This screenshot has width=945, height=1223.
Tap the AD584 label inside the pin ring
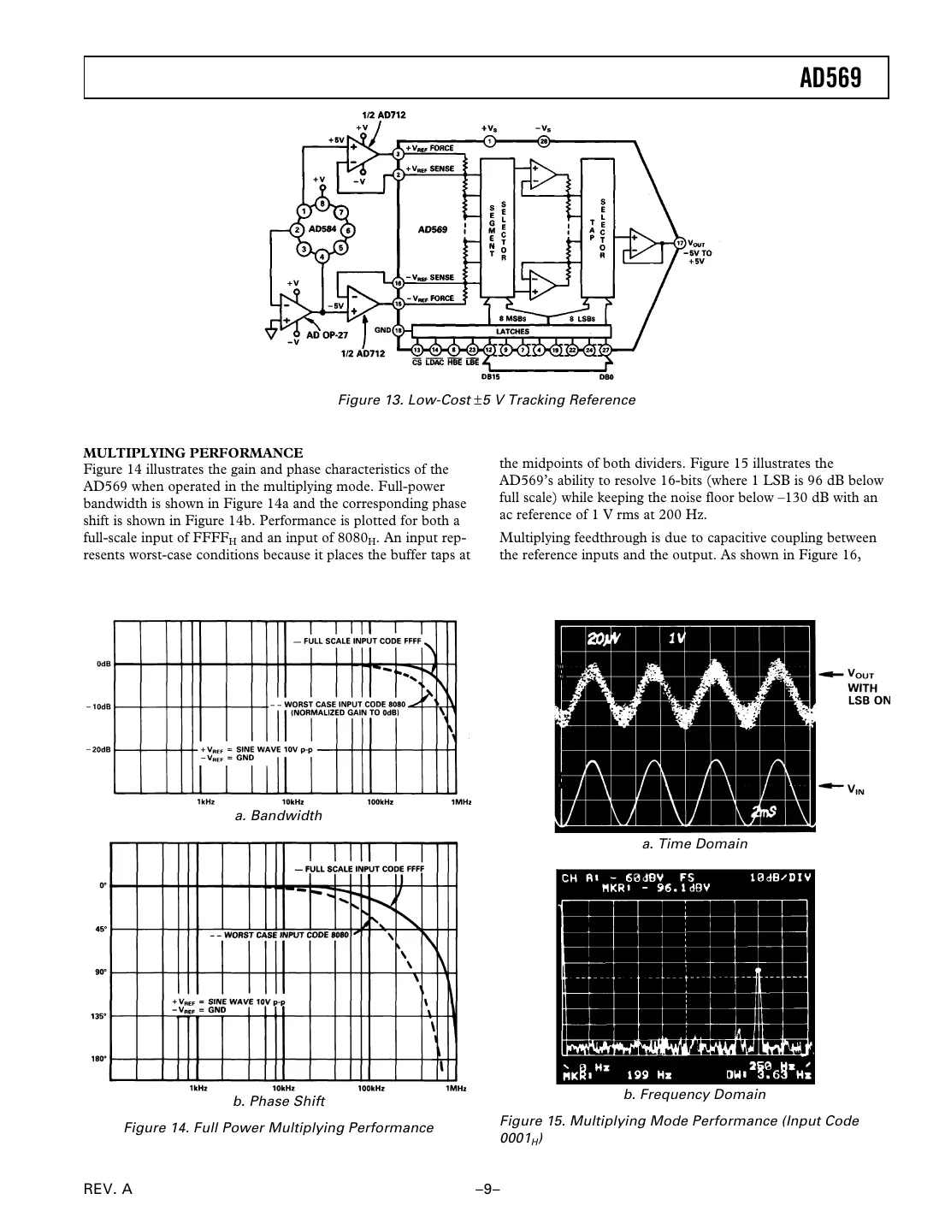322,229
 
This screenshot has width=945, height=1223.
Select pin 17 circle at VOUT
680,243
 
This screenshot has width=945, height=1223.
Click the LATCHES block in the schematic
512,331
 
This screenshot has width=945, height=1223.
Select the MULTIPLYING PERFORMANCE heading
192,452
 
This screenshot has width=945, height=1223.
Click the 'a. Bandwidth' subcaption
279,816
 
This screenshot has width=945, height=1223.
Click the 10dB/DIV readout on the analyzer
778,877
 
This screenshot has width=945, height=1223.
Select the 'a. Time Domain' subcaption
694,843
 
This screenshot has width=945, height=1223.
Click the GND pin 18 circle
398,329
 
